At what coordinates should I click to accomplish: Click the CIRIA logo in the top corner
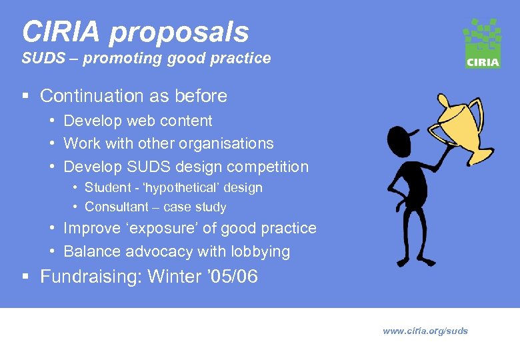pyautogui.click(x=482, y=43)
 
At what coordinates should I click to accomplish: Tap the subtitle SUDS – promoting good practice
pyautogui.click(x=146, y=58)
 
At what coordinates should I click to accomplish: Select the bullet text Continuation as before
pyautogui.click(x=133, y=96)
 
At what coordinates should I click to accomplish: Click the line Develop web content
pyautogui.click(x=137, y=121)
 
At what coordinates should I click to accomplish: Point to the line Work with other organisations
pyautogui.click(x=168, y=143)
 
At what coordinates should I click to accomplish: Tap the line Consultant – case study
pyautogui.click(x=155, y=207)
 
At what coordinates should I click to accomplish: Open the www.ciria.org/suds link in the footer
pyautogui.click(x=425, y=331)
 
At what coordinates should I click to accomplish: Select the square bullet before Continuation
pyautogui.click(x=25, y=97)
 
